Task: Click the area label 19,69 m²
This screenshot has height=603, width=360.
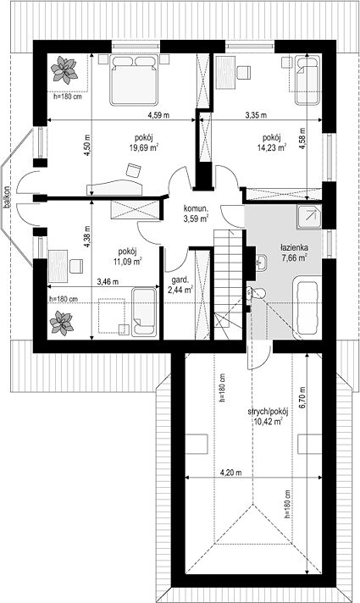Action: (x=144, y=147)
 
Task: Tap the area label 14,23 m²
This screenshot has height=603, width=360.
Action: (x=272, y=147)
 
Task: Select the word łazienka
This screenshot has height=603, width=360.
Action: (x=294, y=248)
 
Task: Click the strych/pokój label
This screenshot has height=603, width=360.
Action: (x=268, y=412)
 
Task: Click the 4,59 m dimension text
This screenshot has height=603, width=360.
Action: (x=158, y=114)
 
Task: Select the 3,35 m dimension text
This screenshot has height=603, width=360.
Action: (x=256, y=114)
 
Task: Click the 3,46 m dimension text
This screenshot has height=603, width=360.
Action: (x=108, y=282)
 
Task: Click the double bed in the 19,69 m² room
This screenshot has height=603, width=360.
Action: (x=134, y=80)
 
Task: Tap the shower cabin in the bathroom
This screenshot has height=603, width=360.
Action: (x=309, y=217)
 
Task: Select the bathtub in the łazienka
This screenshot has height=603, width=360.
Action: (x=307, y=307)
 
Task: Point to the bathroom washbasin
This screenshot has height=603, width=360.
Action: (x=262, y=263)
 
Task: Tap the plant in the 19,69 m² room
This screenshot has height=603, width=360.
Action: (x=64, y=69)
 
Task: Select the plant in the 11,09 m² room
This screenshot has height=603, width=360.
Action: (x=62, y=323)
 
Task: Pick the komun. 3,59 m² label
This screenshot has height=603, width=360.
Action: (x=196, y=214)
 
